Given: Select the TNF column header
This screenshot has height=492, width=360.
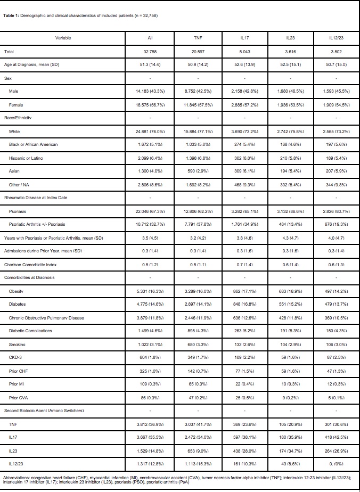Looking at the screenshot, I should tap(198, 38).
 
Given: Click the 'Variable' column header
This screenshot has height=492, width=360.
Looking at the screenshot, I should tap(63, 38).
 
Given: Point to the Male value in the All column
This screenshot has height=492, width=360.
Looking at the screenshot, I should tap(150, 91).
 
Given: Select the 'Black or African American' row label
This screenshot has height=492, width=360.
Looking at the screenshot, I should tap(34, 144).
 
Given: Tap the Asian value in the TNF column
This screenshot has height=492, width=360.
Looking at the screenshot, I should tap(198, 171).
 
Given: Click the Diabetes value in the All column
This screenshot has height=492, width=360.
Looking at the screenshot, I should tap(150, 305).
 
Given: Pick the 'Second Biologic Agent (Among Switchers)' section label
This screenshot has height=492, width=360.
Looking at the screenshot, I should tap(37, 411).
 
